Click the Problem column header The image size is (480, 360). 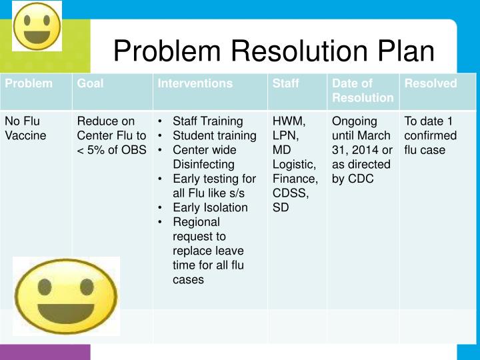[29, 83]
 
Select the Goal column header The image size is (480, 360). [91, 83]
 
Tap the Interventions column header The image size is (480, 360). [195, 83]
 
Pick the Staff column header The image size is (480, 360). [286, 83]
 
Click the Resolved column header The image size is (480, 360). [431, 83]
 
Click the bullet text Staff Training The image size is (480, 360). [207, 121]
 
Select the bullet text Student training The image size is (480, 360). [214, 135]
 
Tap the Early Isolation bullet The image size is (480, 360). [210, 207]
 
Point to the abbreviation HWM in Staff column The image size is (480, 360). [289, 121]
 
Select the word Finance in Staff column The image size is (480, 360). [295, 179]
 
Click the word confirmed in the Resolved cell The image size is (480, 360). [431, 135]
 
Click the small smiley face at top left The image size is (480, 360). [37, 25]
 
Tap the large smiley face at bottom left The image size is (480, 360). [66, 295]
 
